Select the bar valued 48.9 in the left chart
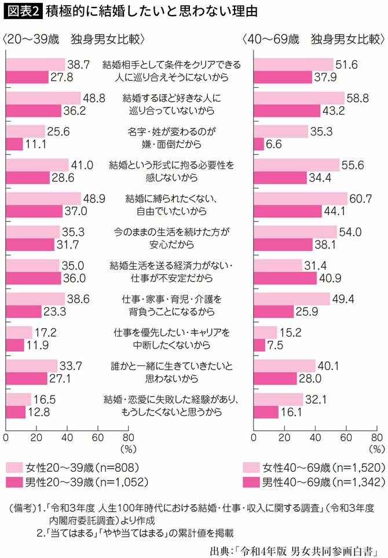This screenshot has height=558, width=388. click(x=43, y=198)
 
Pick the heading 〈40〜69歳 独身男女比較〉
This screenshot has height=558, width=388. click(x=313, y=40)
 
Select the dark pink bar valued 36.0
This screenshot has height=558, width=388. click(x=33, y=279)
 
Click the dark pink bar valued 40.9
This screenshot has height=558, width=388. click(x=285, y=279)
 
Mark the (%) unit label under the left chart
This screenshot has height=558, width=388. click(x=127, y=448)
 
